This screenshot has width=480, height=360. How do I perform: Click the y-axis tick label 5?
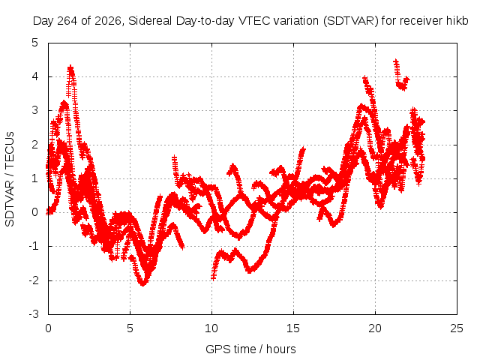pyautogui.click(x=35, y=43)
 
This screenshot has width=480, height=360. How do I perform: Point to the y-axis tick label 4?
pyautogui.click(x=35, y=76)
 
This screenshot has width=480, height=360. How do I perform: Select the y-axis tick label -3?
pyautogui.click(x=34, y=314)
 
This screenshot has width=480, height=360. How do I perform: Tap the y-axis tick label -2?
pyautogui.click(x=34, y=280)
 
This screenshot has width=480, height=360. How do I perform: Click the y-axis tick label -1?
pyautogui.click(x=34, y=246)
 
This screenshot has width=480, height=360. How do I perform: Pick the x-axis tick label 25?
pyautogui.click(x=457, y=328)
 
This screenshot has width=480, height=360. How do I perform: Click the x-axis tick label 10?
pyautogui.click(x=211, y=328)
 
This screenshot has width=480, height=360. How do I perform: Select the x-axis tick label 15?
pyautogui.click(x=293, y=328)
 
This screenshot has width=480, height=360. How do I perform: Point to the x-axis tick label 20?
pyautogui.click(x=375, y=328)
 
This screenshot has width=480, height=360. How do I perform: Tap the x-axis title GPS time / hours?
pyautogui.click(x=250, y=349)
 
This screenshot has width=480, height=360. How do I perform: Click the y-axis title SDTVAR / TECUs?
pyautogui.click(x=10, y=179)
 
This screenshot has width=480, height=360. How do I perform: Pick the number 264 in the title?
pyautogui.click(x=68, y=21)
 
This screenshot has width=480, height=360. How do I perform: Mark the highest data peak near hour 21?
pyautogui.click(x=396, y=61)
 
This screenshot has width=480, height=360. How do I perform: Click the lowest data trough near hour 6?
pyautogui.click(x=143, y=283)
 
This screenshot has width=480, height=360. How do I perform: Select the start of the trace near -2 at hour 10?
pyautogui.click(x=213, y=277)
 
